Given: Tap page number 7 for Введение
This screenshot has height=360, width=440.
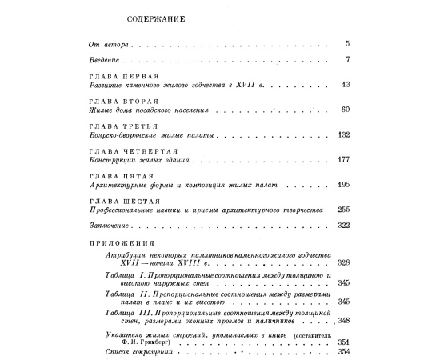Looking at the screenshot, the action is [348, 60].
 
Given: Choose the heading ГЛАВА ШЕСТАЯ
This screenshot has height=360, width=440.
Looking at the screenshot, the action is [119, 200].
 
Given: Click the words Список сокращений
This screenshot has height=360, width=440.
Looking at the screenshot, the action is [126, 352].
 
